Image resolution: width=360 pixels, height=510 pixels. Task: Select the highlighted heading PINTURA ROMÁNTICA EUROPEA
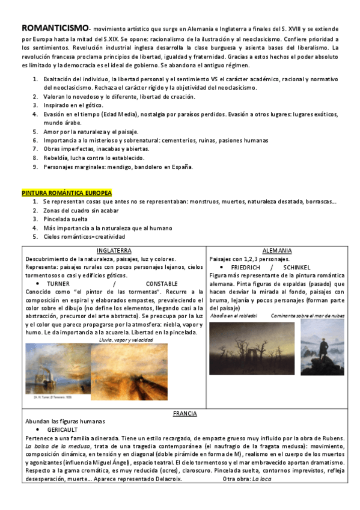coord(67,192)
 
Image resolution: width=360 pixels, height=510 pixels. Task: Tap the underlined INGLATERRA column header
coord(114,250)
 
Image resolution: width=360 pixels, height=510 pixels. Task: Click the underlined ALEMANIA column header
coord(277,250)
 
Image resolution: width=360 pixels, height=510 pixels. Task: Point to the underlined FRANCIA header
coord(185,413)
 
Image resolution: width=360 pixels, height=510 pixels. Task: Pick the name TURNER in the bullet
coord(58,283)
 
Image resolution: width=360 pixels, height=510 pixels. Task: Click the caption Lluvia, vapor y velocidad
coord(126,340)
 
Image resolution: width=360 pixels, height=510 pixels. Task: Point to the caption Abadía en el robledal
coord(233,315)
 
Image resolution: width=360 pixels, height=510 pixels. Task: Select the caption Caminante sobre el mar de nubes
coord(307,315)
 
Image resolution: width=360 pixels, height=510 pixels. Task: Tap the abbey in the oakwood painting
coord(252,348)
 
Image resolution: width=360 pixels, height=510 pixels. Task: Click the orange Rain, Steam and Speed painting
coord(129,372)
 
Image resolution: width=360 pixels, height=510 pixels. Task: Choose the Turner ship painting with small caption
coord(58,369)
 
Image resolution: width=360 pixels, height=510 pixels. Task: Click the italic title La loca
coord(262,479)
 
